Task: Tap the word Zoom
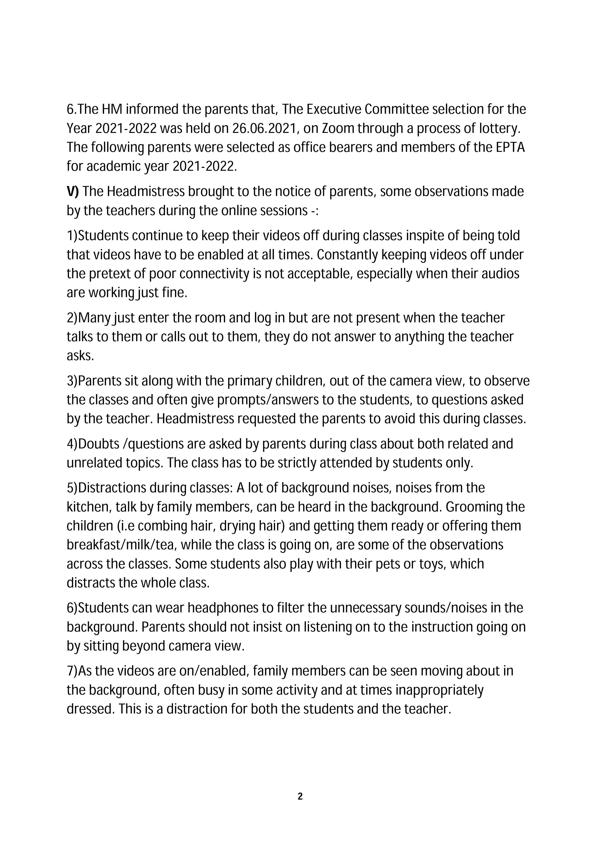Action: [x=336, y=128]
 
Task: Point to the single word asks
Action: [x=80, y=356]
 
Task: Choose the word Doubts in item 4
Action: [x=100, y=444]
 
